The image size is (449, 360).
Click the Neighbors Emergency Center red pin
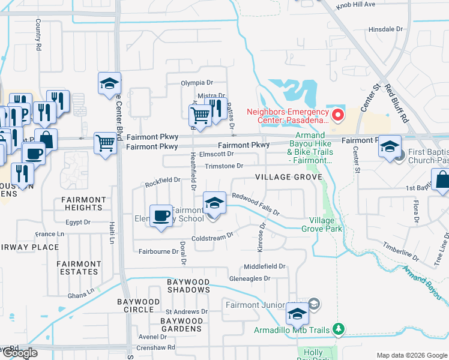337,114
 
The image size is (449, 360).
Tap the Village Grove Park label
325,224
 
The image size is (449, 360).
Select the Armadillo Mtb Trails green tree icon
340,329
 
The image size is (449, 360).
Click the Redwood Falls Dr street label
256,204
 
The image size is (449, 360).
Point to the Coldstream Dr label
211,238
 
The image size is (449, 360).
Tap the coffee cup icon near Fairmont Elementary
160,215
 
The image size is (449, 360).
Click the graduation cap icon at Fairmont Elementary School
214,203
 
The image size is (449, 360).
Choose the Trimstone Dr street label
223,166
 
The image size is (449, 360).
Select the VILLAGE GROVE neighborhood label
288,177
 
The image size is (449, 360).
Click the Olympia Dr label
197,83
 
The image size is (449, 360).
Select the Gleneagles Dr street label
250,278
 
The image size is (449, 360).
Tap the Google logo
20,353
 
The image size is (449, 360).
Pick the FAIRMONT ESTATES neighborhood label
79,268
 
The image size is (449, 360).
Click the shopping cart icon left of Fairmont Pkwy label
105,143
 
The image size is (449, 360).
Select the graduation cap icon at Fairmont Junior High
297,313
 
